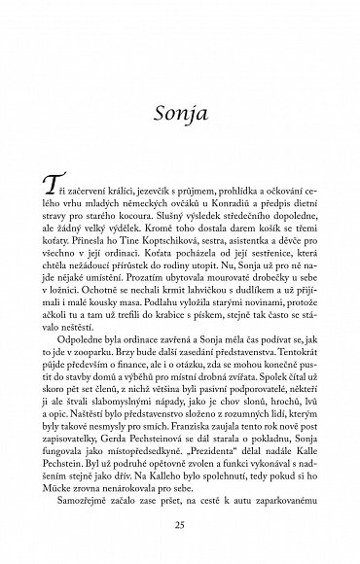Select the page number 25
point(180,525)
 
